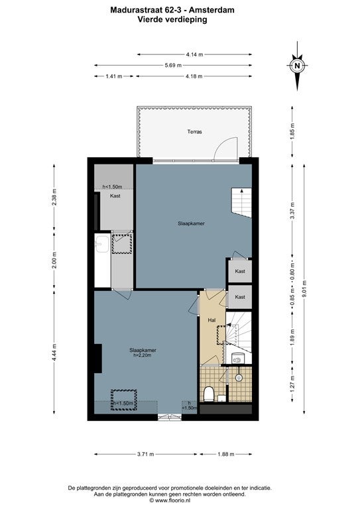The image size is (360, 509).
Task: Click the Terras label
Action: (x=194, y=132)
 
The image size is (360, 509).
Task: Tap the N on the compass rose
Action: (x=297, y=66)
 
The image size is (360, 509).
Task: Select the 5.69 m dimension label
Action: (x=173, y=65)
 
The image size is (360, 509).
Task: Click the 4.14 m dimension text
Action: (x=194, y=54)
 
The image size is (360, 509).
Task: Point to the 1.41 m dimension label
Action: (x=114, y=76)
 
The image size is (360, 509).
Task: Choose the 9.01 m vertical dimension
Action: (x=304, y=289)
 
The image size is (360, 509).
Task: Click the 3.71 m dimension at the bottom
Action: (x=145, y=454)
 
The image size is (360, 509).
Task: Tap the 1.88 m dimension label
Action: (x=225, y=454)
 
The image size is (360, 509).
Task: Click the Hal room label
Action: (x=211, y=320)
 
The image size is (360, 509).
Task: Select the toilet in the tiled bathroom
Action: (x=208, y=394)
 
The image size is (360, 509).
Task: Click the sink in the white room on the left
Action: (x=103, y=244)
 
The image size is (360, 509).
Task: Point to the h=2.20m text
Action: (x=143, y=355)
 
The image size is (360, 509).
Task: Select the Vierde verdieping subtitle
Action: (x=172, y=19)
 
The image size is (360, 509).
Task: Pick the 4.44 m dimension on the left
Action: (x=54, y=351)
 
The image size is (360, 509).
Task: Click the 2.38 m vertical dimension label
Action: (x=54, y=198)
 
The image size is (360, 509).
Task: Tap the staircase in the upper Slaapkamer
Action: (x=241, y=202)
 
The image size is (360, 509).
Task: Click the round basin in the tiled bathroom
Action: (x=239, y=378)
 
